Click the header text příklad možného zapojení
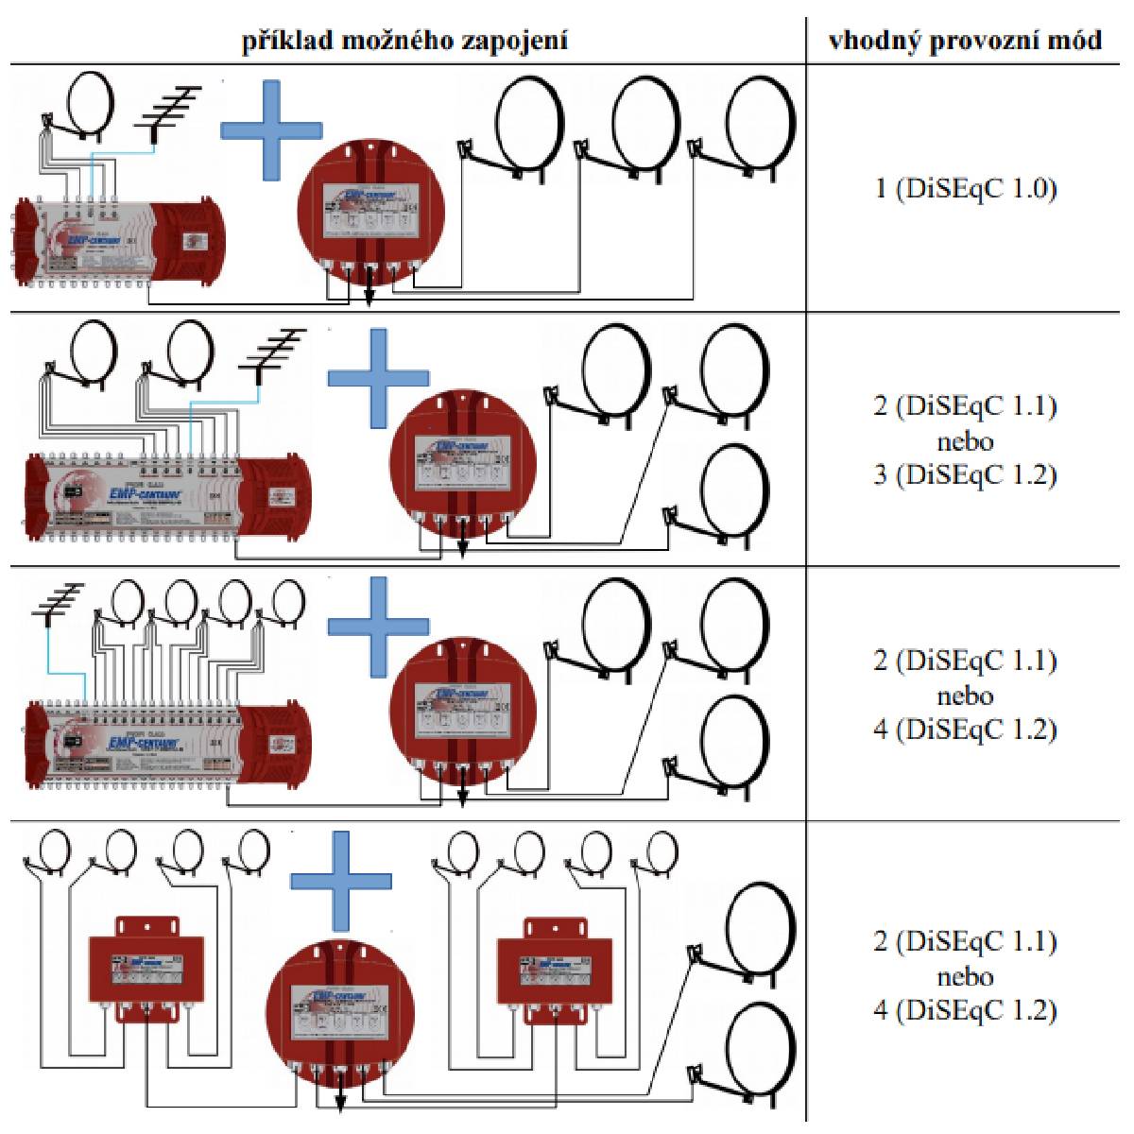tap(405, 42)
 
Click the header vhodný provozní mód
tap(965, 42)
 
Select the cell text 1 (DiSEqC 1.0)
tap(965, 188)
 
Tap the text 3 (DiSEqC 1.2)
tap(965, 474)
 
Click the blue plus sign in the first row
tap(272, 129)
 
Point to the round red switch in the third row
tap(463, 711)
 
